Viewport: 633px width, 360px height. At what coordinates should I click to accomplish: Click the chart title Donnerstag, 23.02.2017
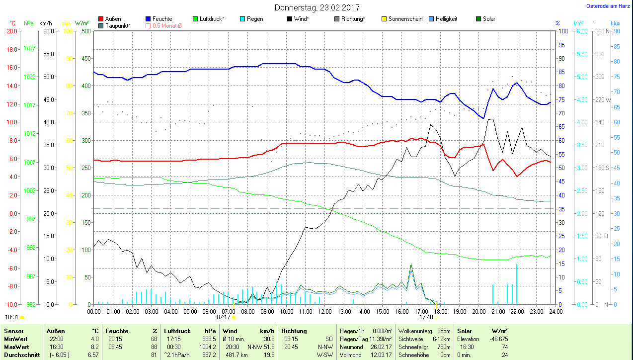317,7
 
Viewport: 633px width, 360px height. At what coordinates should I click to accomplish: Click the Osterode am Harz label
609,6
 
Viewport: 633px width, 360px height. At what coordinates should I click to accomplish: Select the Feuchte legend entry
162,19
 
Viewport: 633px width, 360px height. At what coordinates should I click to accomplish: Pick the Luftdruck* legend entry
212,19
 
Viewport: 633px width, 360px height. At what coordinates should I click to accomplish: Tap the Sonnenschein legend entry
405,19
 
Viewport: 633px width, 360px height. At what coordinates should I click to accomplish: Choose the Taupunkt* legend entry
118,25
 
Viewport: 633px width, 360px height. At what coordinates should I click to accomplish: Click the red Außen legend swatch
101,19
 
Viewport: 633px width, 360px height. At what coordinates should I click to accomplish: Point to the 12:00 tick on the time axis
324,312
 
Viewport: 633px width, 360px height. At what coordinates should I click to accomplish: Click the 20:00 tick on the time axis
478,312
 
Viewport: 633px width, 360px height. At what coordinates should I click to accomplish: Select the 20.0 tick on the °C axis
11,31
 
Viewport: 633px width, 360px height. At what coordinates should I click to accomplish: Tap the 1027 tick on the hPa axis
29,48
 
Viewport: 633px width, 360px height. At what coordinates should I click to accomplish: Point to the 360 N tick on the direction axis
602,31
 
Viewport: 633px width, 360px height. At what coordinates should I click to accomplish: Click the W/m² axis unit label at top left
82,23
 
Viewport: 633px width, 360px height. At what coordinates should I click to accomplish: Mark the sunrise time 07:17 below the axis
224,317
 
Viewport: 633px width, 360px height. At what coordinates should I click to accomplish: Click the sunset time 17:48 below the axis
426,317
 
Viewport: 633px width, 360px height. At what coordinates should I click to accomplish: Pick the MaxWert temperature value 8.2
94,346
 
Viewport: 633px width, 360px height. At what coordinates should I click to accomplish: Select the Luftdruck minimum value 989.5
207,339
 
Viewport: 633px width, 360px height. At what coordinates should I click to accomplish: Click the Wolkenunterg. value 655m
444,331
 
